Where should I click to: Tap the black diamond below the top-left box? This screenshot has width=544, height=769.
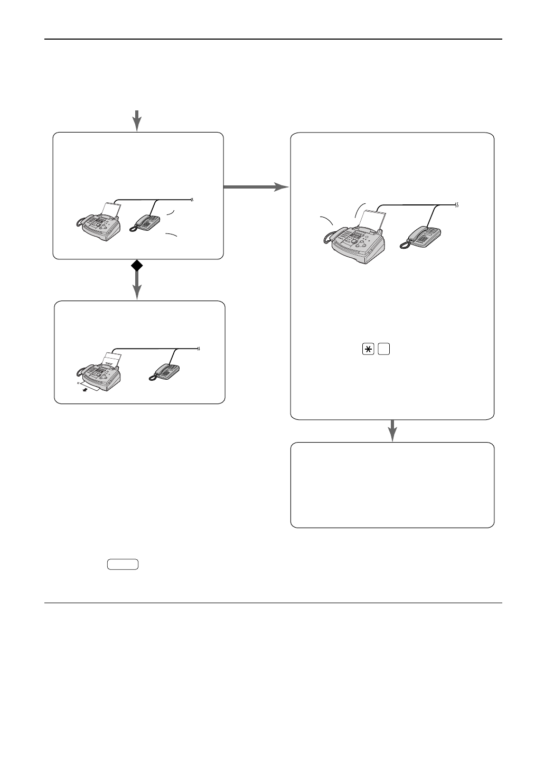[137, 267]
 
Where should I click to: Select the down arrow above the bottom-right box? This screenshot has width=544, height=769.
[392, 430]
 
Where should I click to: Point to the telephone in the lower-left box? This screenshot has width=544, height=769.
[166, 372]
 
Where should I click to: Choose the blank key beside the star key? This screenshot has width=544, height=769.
[384, 351]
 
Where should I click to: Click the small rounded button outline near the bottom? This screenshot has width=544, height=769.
[123, 565]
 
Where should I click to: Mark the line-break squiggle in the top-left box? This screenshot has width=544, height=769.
[192, 200]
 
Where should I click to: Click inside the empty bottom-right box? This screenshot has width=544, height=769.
[392, 485]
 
